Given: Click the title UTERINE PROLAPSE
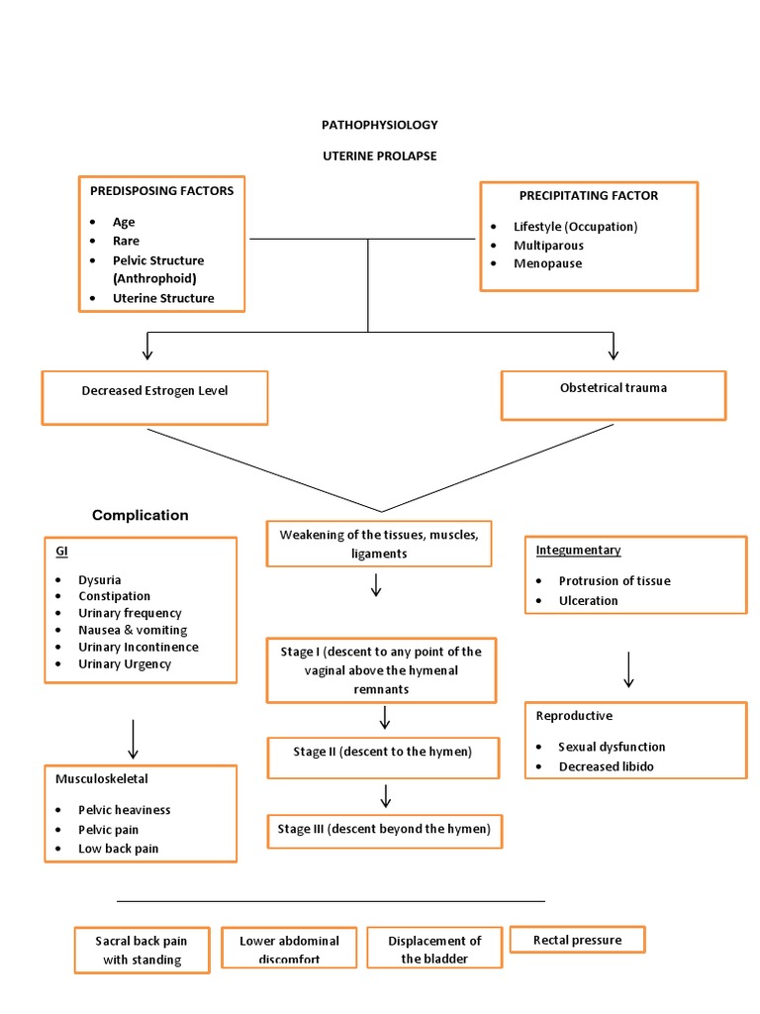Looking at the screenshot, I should pos(379,156).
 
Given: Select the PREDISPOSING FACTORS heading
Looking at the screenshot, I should pos(162,190).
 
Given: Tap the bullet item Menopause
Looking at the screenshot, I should pos(547,263).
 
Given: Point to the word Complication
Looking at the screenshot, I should pos(141,515).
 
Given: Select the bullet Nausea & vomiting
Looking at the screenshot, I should pos(133,630).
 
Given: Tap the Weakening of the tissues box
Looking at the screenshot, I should pos(379,544).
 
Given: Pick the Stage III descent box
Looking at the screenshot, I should pos(384,831).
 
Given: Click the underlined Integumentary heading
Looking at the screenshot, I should pos(578,550).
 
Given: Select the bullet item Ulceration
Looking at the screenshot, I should pos(588,600).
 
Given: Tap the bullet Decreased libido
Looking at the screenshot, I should pos(606,766).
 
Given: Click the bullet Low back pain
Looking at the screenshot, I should pos(119,849).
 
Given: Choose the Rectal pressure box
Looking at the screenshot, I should pos(577,940).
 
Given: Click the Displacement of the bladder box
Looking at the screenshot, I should pos(434,950).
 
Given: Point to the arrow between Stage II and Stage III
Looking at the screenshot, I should pos(386,795).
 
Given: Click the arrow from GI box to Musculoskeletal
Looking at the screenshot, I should pos(134,739).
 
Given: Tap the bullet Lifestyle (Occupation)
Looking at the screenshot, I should pos(575,226).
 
